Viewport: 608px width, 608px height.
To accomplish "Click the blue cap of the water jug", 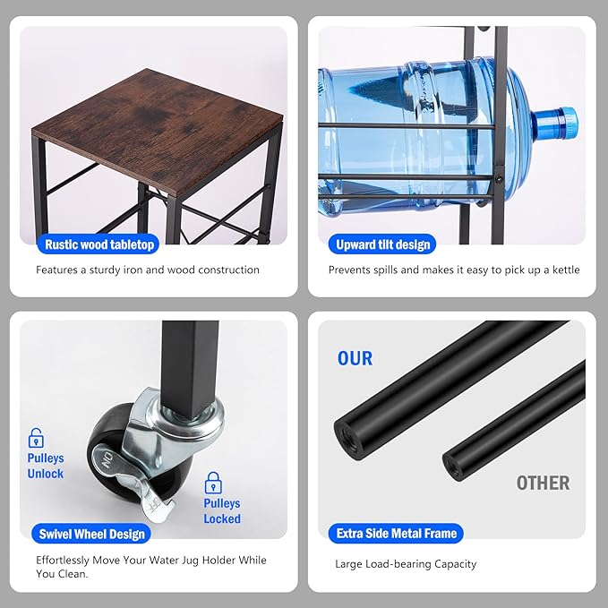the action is (x=555, y=123).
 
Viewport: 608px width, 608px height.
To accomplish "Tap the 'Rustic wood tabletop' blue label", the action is (x=98, y=244).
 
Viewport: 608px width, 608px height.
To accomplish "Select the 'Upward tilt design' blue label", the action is (x=382, y=244).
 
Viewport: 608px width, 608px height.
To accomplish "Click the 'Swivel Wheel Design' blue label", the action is (x=91, y=534).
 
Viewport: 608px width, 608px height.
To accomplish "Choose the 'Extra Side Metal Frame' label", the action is (x=396, y=534).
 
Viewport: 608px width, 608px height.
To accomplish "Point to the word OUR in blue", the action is (x=355, y=358).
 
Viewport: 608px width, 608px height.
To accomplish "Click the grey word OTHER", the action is (x=543, y=484).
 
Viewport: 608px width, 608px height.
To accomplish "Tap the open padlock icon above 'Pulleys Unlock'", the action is (x=36, y=438).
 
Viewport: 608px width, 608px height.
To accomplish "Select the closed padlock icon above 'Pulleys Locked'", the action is (x=213, y=483).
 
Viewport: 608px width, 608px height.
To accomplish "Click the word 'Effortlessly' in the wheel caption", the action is (x=63, y=561).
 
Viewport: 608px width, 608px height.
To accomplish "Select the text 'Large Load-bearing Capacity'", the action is (x=406, y=564).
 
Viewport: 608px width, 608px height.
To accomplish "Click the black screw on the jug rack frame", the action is (x=499, y=179).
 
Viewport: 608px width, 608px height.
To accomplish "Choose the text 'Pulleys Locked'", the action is (x=222, y=511).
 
